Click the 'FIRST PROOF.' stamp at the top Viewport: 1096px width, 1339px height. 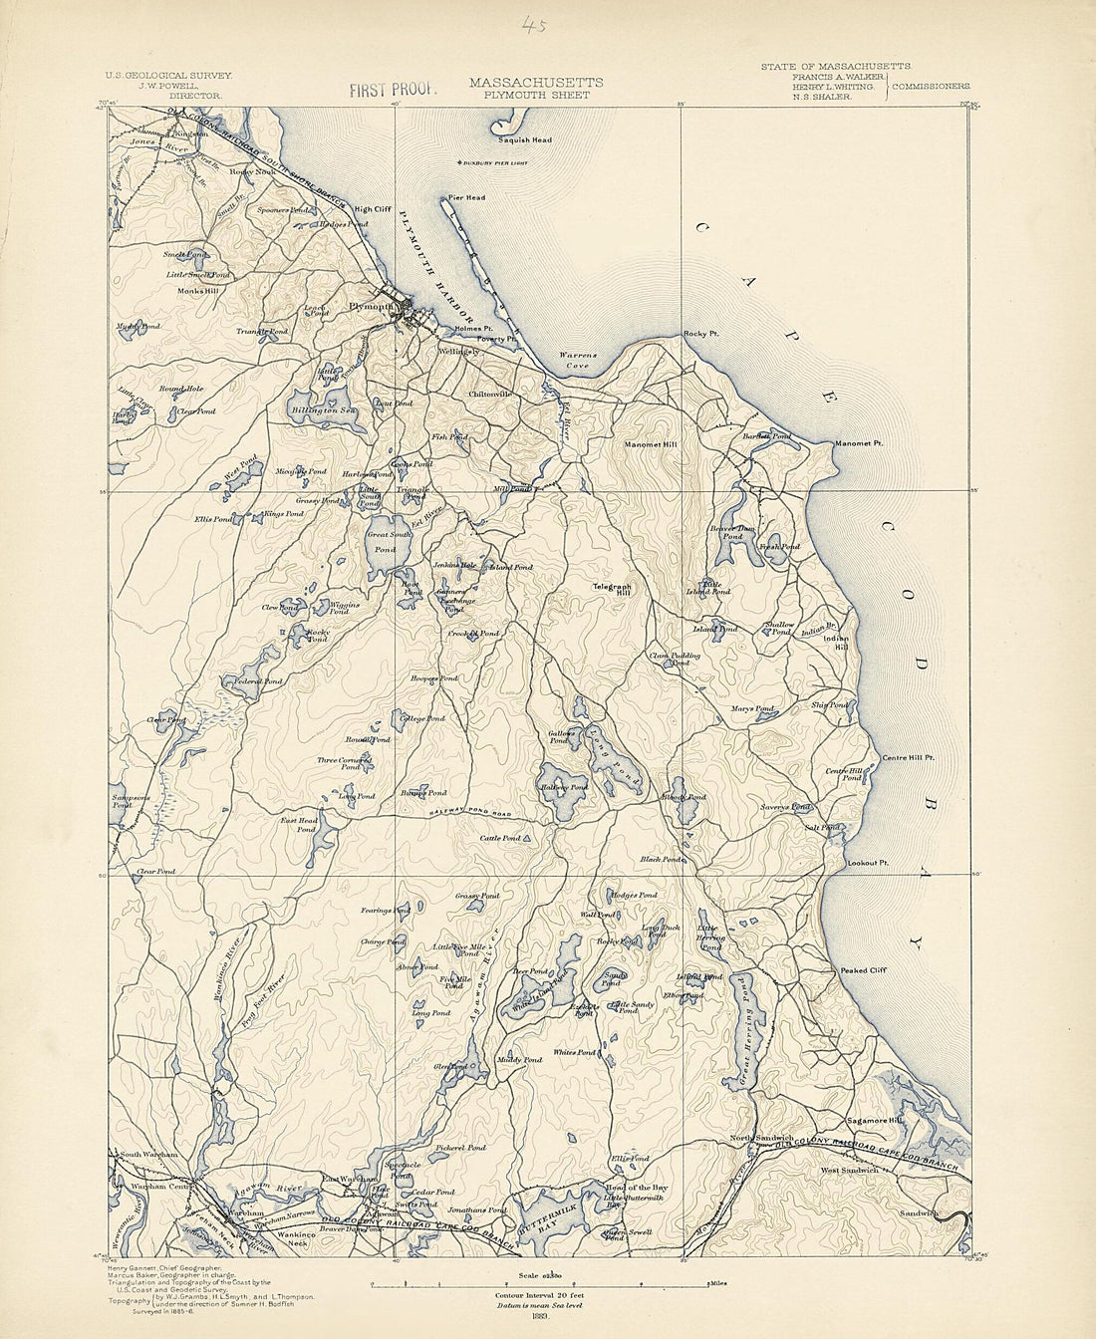click(394, 90)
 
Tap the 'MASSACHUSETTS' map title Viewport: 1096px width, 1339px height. click(535, 82)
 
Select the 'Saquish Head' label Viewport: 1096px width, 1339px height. click(525, 140)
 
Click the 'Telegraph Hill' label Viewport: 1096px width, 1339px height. click(612, 589)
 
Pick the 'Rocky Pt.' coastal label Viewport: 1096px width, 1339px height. click(700, 334)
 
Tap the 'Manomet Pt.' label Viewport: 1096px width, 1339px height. click(860, 443)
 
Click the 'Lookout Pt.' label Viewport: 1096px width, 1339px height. click(867, 863)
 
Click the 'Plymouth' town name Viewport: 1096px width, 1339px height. click(369, 307)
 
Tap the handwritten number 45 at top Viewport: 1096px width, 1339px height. click(534, 27)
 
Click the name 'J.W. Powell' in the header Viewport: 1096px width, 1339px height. click(166, 86)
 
